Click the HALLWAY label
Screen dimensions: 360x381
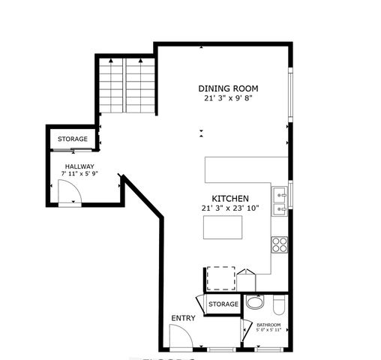pyautogui.click(x=79, y=166)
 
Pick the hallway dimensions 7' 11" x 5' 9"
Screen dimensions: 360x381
pyautogui.click(x=79, y=175)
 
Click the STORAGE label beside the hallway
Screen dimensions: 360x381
pyautogui.click(x=73, y=139)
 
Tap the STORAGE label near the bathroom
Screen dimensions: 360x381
pyautogui.click(x=223, y=304)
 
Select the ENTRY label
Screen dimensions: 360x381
pyautogui.click(x=183, y=319)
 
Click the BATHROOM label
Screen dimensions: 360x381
pyautogui.click(x=268, y=325)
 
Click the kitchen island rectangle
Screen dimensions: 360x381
pyautogui.click(x=223, y=226)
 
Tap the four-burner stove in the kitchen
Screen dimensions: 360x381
pyautogui.click(x=280, y=244)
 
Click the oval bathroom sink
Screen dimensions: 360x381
pyautogui.click(x=255, y=304)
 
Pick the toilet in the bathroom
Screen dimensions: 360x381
pyautogui.click(x=278, y=304)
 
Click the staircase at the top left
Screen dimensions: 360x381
pyautogui.click(x=124, y=84)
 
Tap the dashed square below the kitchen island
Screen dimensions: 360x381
pyautogui.click(x=221, y=277)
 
